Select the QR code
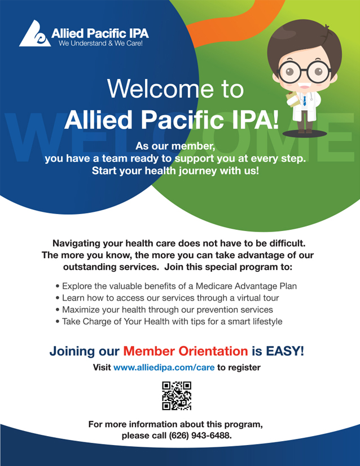[177, 395]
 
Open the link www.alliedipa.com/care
[164, 368]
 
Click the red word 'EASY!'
[285, 351]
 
